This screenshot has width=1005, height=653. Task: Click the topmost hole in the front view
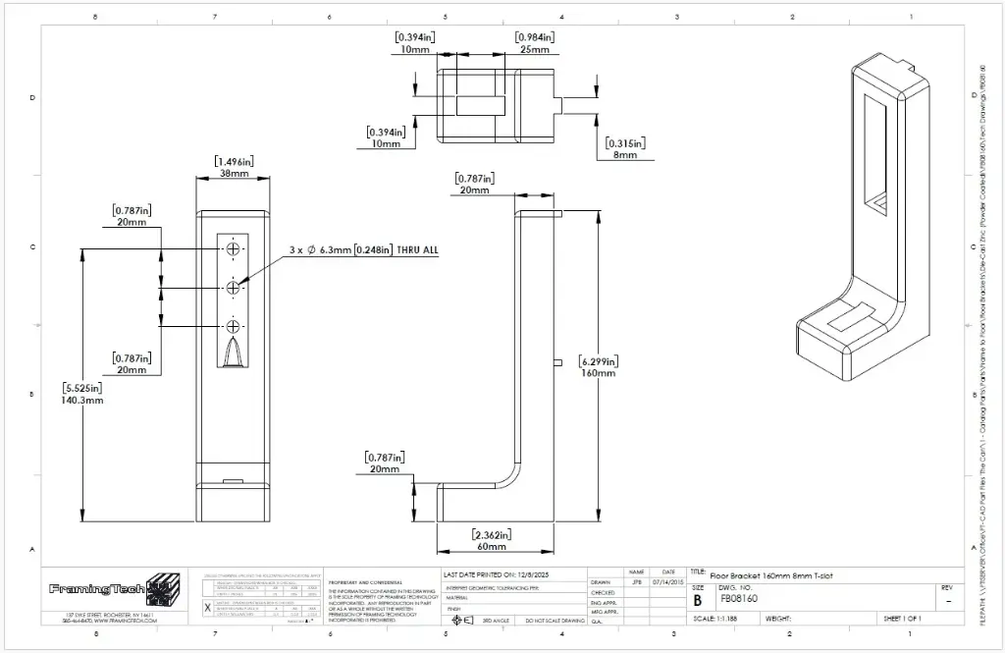click(x=234, y=249)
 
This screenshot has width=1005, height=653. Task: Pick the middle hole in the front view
click(x=234, y=288)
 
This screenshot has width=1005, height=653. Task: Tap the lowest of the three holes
click(x=234, y=326)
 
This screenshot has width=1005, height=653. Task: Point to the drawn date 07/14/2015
click(x=667, y=581)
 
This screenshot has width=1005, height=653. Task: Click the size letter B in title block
click(x=698, y=599)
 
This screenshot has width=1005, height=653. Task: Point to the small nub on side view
click(x=556, y=362)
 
